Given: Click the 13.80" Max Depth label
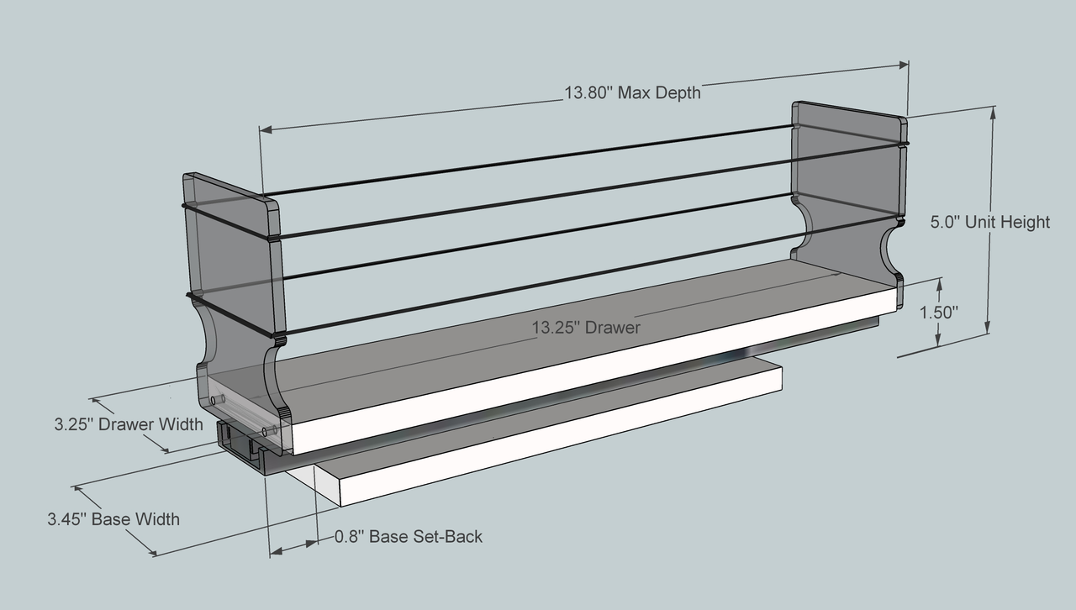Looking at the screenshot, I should click(632, 92).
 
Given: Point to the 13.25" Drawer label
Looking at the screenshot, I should click(586, 327).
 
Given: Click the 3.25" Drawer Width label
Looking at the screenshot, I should click(129, 424).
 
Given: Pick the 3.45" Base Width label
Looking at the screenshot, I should click(113, 519).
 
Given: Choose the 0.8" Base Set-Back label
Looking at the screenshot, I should click(409, 536).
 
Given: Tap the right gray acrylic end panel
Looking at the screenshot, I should click(845, 185).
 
